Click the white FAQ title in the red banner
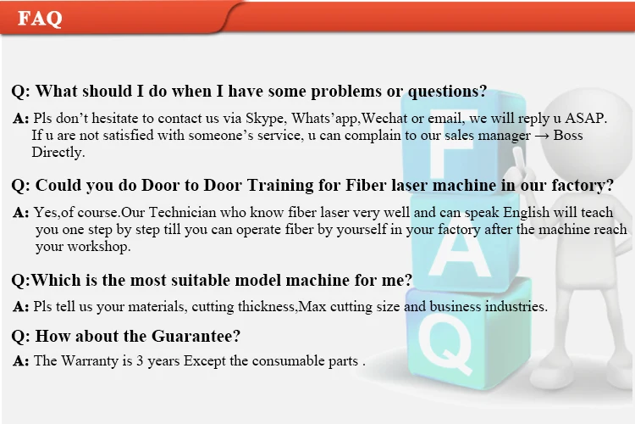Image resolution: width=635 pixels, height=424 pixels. coord(40,19)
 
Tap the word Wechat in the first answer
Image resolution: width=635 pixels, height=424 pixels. coord(384,118)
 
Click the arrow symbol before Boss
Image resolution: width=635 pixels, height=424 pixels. coord(542,136)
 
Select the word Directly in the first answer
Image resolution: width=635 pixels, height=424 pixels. coord(58,152)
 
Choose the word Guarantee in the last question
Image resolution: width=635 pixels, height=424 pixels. coord(196,336)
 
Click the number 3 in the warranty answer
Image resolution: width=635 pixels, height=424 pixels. coord(140,361)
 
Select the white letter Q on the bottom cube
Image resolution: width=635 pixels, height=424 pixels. coord(445,344)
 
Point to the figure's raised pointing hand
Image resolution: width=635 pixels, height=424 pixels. coord(518,162)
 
